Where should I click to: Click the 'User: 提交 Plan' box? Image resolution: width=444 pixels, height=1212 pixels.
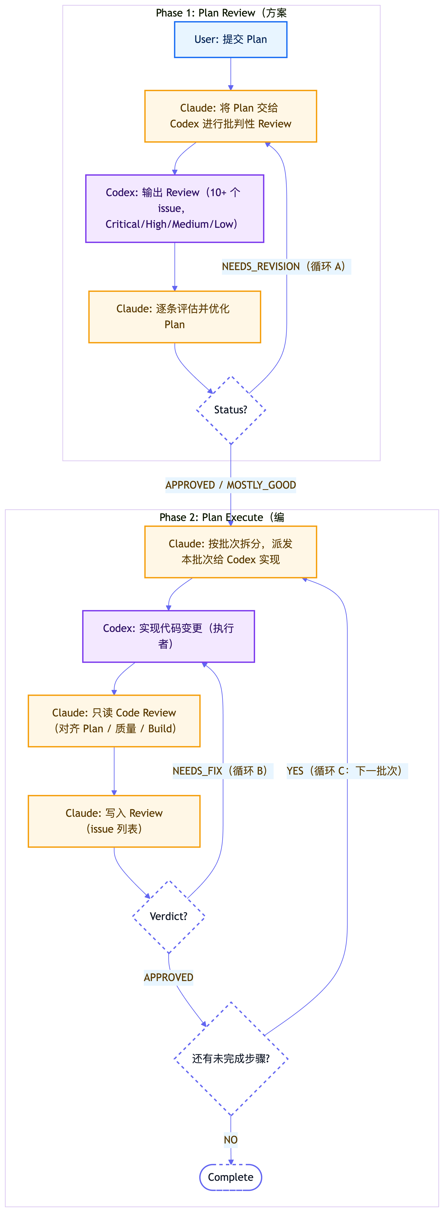230,39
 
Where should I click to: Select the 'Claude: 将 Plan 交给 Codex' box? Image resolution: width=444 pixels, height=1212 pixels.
230,116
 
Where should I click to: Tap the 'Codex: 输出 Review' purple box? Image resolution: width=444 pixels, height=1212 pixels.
175,208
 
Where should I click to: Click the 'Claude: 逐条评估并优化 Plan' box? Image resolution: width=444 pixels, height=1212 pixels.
175,317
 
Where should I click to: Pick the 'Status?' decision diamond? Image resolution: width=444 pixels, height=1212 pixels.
230,410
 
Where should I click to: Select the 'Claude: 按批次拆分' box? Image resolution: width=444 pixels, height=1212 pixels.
230,551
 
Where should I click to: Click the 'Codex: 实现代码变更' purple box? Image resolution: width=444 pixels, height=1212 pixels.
168,636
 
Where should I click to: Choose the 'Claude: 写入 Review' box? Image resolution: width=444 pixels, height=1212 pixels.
114,821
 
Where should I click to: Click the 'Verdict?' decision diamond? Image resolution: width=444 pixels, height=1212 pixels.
168,916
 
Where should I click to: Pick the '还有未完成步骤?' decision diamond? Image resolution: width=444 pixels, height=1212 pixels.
230,1059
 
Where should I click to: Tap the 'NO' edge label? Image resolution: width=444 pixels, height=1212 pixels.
230,1140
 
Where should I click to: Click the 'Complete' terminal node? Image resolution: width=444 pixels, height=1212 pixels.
230,1177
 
